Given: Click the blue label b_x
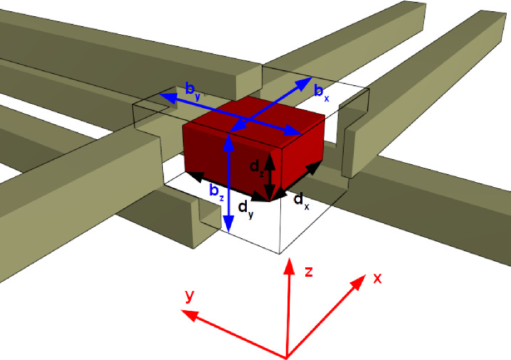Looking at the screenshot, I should click(x=321, y=93).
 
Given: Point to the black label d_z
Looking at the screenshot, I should click(x=256, y=167).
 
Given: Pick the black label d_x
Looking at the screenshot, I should click(x=301, y=200).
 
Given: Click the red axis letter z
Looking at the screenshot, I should click(x=307, y=271).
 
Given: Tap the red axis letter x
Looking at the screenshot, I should click(x=377, y=278).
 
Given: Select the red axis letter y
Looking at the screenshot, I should click(x=190, y=295).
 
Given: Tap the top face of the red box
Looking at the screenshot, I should click(x=255, y=118).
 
